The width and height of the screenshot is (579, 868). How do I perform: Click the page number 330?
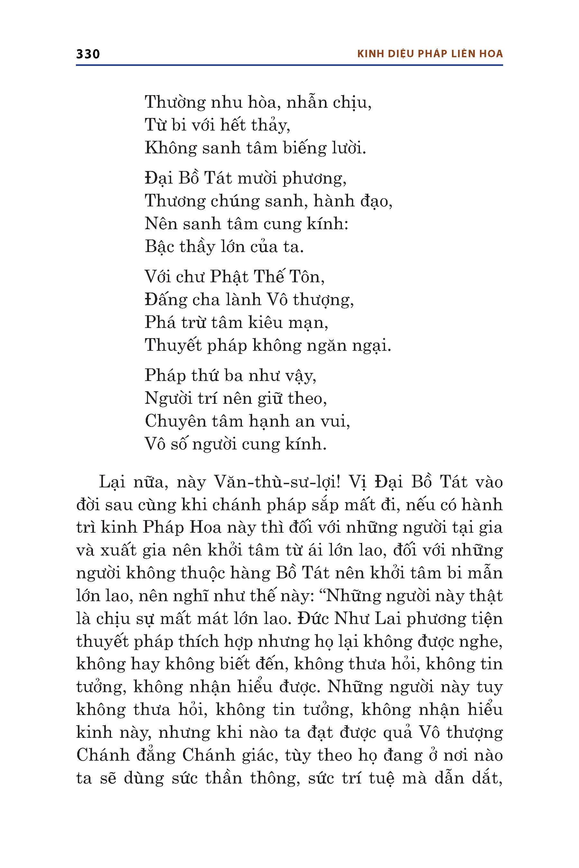pyautogui.click(x=88, y=54)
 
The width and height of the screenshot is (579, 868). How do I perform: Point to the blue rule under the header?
pyautogui.click(x=289, y=65)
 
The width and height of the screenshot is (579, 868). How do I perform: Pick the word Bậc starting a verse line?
pyautogui.click(x=159, y=247)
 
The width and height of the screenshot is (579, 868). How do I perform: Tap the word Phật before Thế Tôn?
pyautogui.click(x=229, y=277)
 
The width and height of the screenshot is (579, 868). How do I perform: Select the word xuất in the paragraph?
pyautogui.click(x=118, y=551)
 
